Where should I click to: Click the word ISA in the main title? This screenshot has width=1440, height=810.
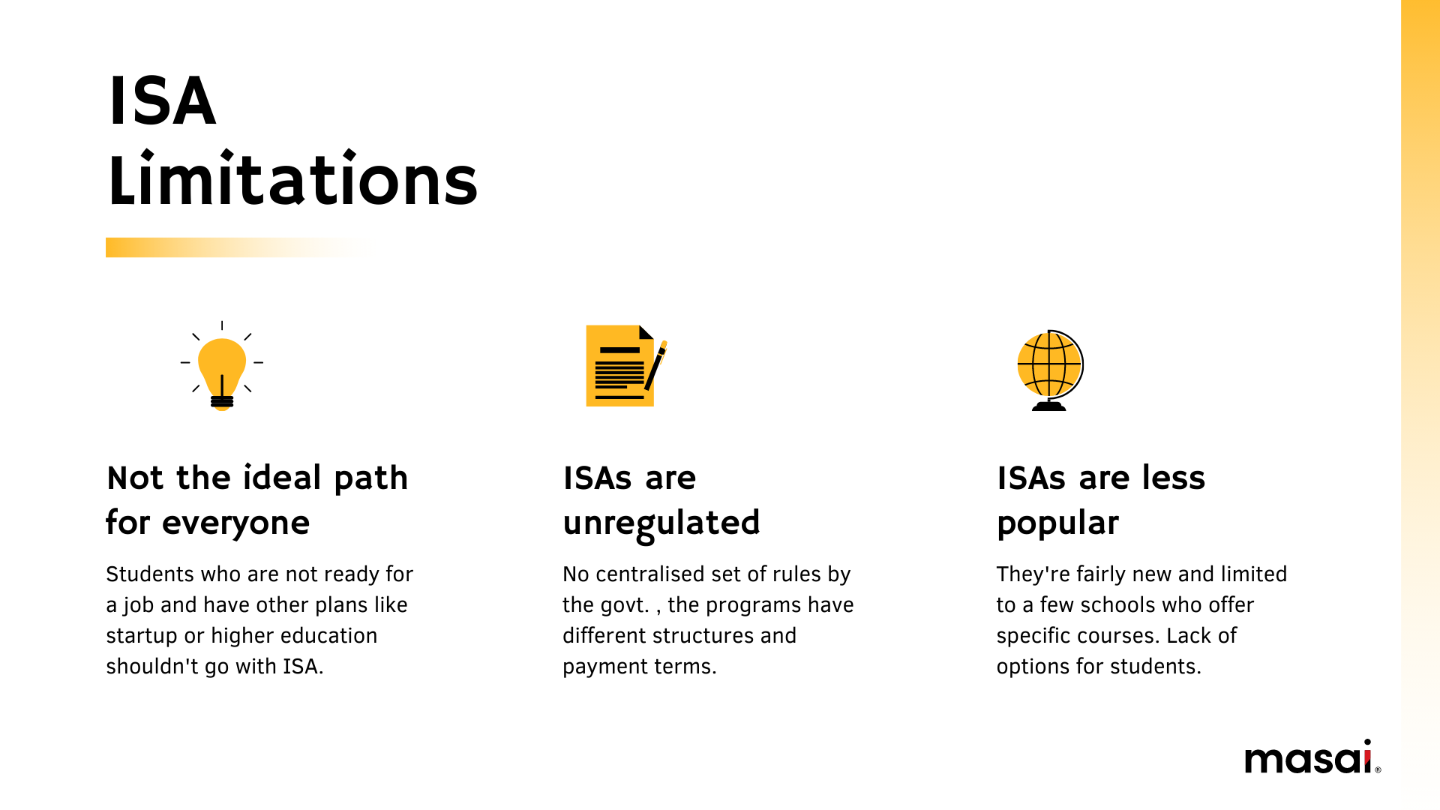(163, 100)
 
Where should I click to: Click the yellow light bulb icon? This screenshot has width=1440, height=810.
(222, 366)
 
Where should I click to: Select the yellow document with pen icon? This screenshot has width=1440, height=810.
(626, 366)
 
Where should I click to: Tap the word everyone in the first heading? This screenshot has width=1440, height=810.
(235, 523)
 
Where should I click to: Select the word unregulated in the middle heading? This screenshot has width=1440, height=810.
(661, 523)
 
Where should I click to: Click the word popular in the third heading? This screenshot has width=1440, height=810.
(1057, 523)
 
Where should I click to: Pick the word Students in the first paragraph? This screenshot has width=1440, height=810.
(150, 574)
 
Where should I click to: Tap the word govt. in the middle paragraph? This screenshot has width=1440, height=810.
(624, 605)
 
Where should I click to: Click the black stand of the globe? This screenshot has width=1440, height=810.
(1049, 406)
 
